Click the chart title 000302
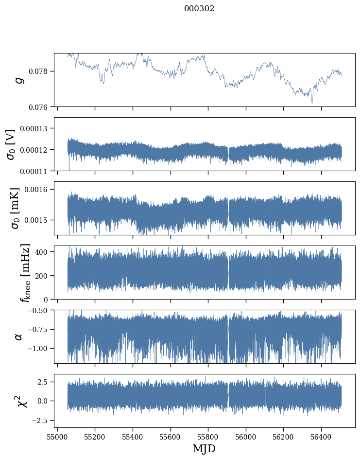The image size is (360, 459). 199,9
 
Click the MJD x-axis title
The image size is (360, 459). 204,448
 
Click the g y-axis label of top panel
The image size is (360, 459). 19,80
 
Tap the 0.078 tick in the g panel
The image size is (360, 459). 41,71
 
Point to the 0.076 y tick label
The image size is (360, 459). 41,106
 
